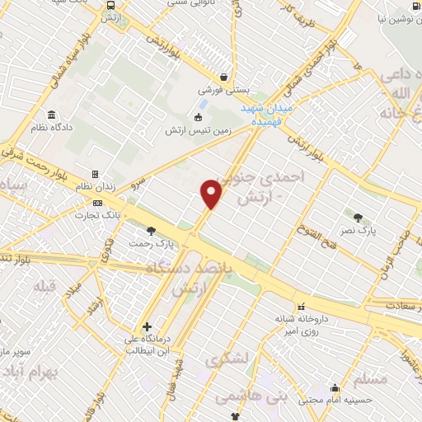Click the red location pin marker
pyautogui.click(x=212, y=195)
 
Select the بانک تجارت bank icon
pyautogui.click(x=98, y=203)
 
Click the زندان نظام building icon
pyautogui.click(x=96, y=175)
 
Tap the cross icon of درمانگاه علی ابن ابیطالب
pyautogui.click(x=147, y=327)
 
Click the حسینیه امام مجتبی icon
pyautogui.click(x=335, y=388)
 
